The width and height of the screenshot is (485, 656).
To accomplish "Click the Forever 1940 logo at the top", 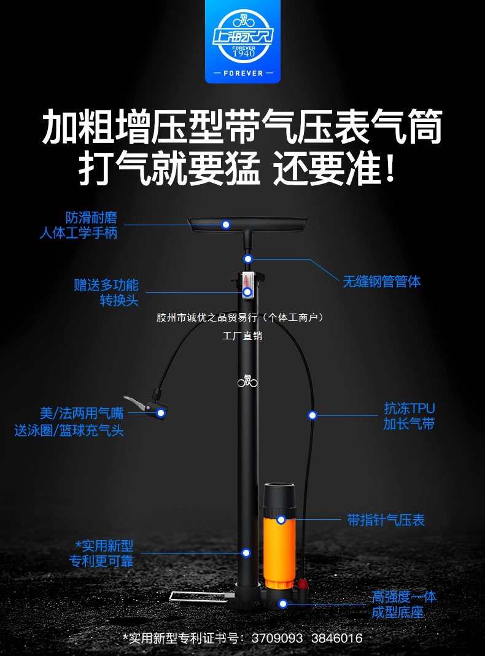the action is (x=242, y=41).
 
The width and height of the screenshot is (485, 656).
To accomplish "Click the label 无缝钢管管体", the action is (x=381, y=282).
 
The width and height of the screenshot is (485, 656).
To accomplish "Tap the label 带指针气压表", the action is (x=386, y=520).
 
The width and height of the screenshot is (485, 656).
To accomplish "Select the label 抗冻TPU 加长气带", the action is (x=409, y=416).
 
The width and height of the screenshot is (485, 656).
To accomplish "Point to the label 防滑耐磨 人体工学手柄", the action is (x=78, y=225).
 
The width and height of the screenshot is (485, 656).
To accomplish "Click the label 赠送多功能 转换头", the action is (x=106, y=293).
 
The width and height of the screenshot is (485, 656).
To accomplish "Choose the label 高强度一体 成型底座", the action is (x=404, y=604).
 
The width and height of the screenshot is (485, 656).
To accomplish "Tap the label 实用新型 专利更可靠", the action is (x=103, y=553).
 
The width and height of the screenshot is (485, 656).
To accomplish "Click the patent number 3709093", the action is (x=277, y=638).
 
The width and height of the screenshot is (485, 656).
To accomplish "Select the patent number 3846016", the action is (x=336, y=638).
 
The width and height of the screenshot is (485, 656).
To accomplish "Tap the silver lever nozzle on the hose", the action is (x=138, y=403).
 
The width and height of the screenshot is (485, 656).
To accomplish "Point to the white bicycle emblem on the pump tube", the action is (x=247, y=381).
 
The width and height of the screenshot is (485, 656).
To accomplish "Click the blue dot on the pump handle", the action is (x=226, y=225).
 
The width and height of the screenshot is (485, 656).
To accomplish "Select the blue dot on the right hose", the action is (x=312, y=415).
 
